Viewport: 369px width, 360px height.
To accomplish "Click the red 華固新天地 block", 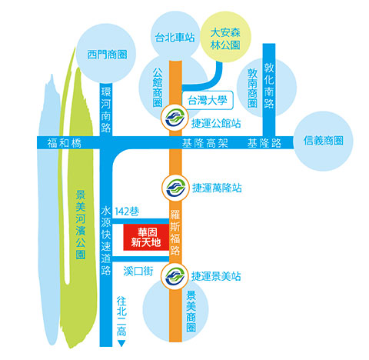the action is tap(146, 237).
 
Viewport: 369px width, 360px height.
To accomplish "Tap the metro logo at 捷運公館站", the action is tap(175, 118).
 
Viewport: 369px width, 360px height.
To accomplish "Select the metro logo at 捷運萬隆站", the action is tap(175, 188).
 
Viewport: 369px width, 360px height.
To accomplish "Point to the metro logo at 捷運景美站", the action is tap(175, 276).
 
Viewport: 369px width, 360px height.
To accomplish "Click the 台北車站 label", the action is tap(175, 38).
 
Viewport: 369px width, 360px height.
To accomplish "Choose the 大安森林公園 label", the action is tap(225, 39).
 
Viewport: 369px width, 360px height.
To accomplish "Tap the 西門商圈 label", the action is tap(107, 55).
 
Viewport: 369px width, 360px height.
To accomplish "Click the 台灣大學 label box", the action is tap(208, 100).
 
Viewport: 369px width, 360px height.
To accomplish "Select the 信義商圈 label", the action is tap(323, 141).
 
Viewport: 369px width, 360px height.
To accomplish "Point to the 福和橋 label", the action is tap(65, 143).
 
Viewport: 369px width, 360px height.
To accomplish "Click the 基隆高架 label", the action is tap(205, 143).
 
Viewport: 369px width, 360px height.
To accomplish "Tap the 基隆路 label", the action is tap(264, 143).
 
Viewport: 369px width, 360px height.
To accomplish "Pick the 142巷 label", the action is tap(127, 212).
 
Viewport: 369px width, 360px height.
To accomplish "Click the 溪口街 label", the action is tap(138, 271).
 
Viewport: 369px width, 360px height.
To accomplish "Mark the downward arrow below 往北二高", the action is tap(121, 344).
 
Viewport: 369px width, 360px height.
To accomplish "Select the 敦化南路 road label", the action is tap(269, 85).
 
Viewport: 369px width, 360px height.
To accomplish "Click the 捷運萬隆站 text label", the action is tap(217, 188).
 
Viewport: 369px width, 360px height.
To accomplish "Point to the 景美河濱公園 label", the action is tap(81, 225).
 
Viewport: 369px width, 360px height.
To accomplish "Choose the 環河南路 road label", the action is tap(105, 110).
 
